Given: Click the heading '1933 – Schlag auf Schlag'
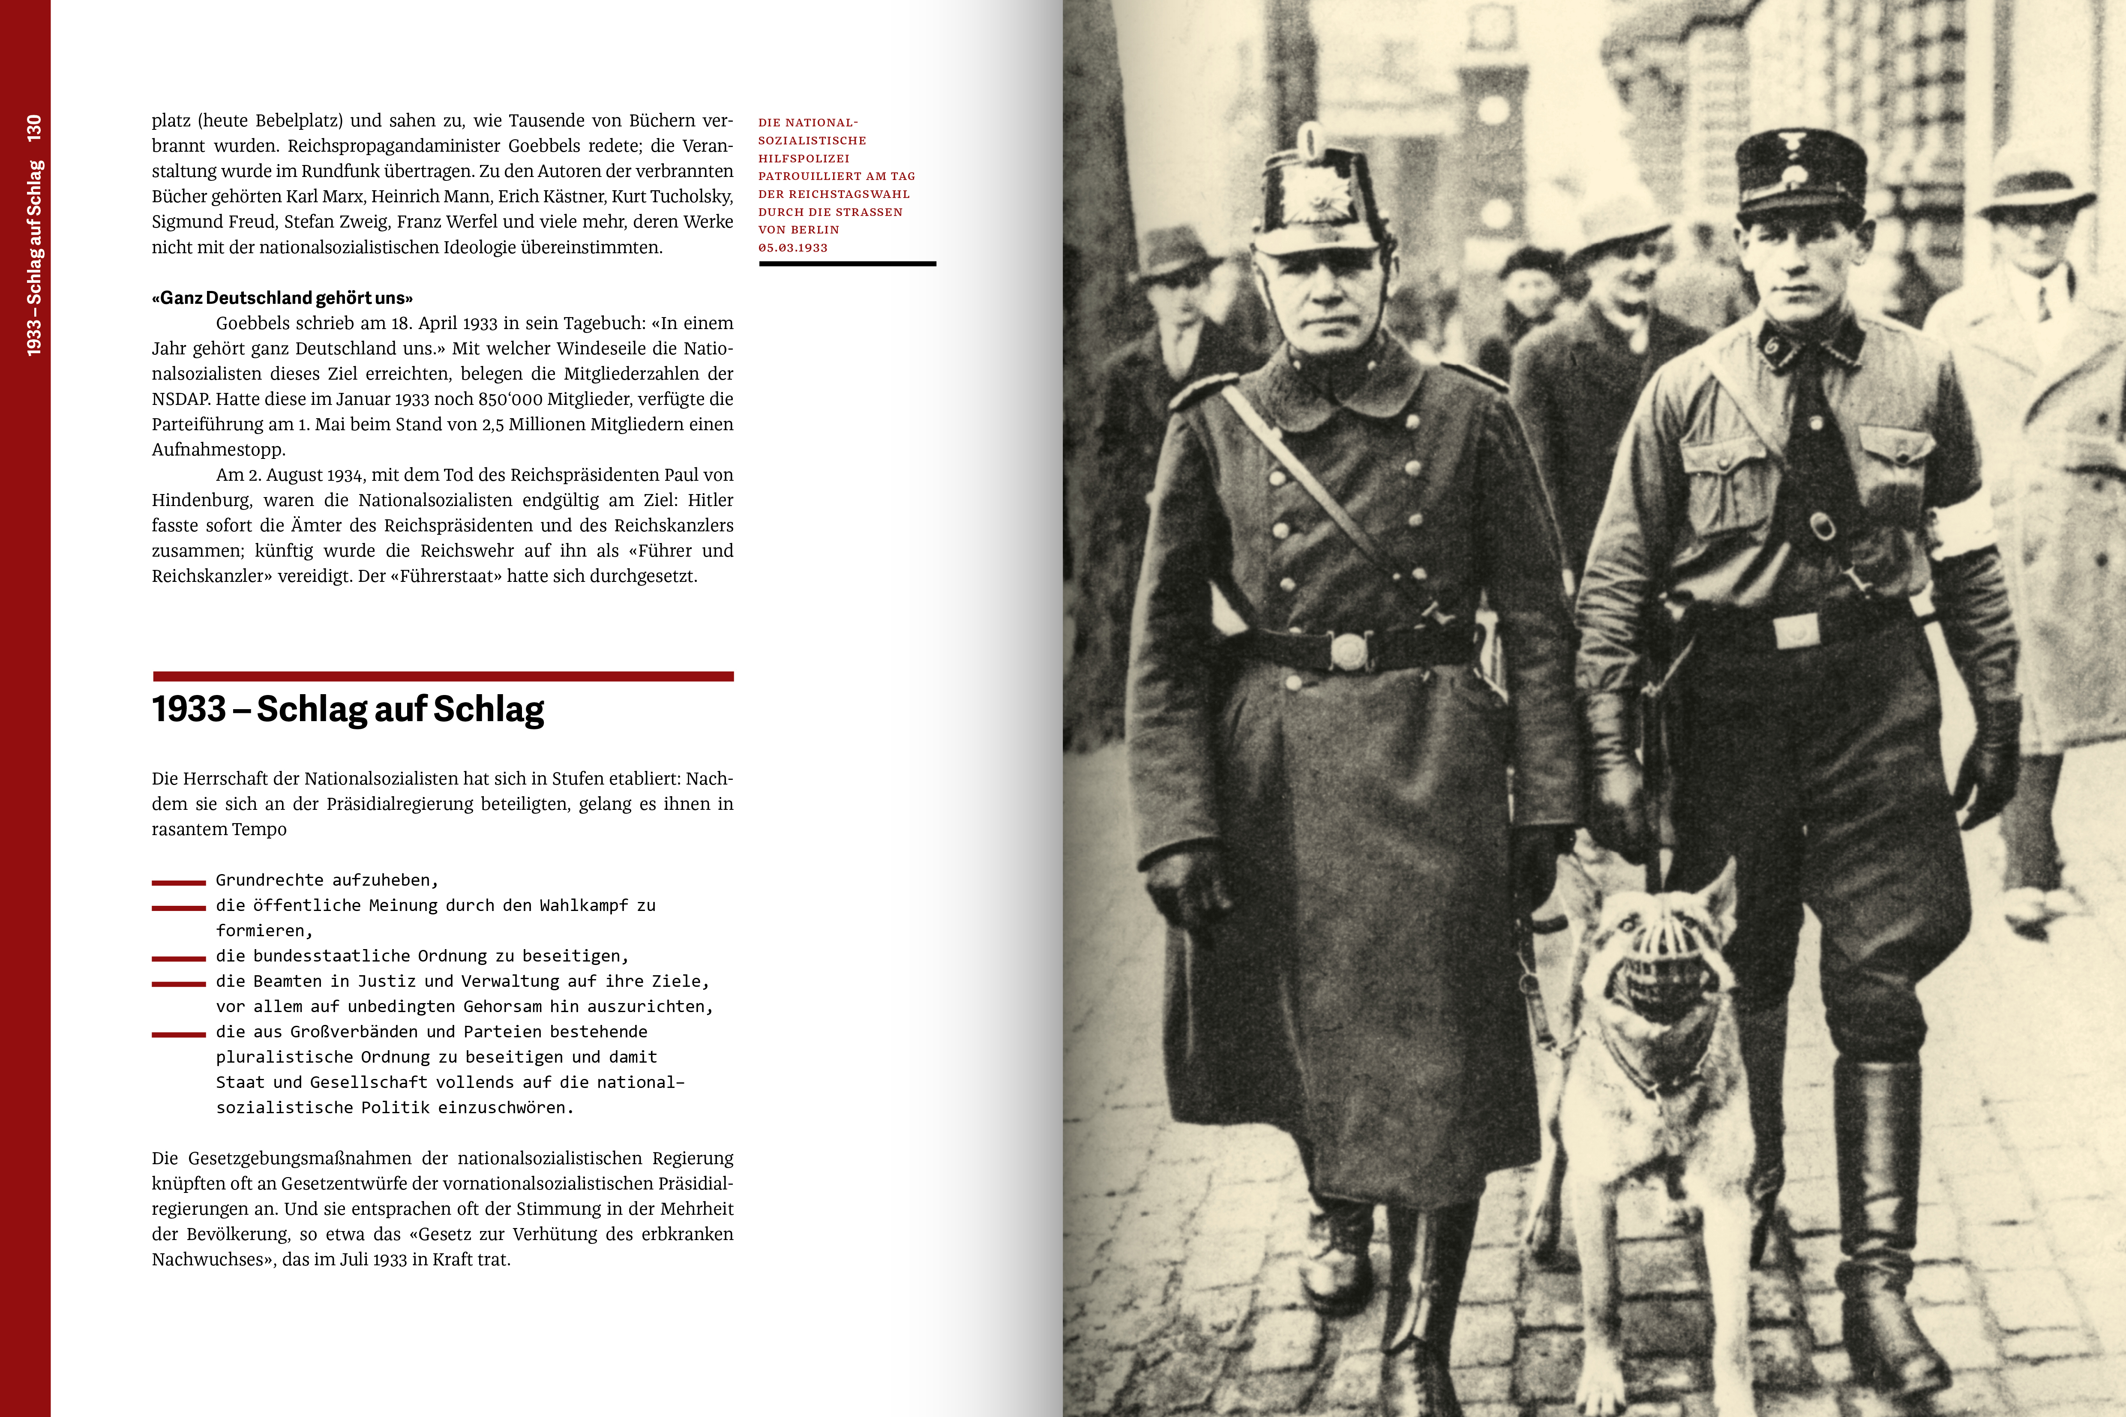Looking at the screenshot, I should (348, 710).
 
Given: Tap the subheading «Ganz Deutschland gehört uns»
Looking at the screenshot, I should (282, 298).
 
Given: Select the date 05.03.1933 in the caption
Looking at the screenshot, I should (793, 248).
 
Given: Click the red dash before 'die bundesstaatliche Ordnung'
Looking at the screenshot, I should (179, 958).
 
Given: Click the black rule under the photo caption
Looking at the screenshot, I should (847, 264).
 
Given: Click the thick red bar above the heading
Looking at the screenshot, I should (443, 676).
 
